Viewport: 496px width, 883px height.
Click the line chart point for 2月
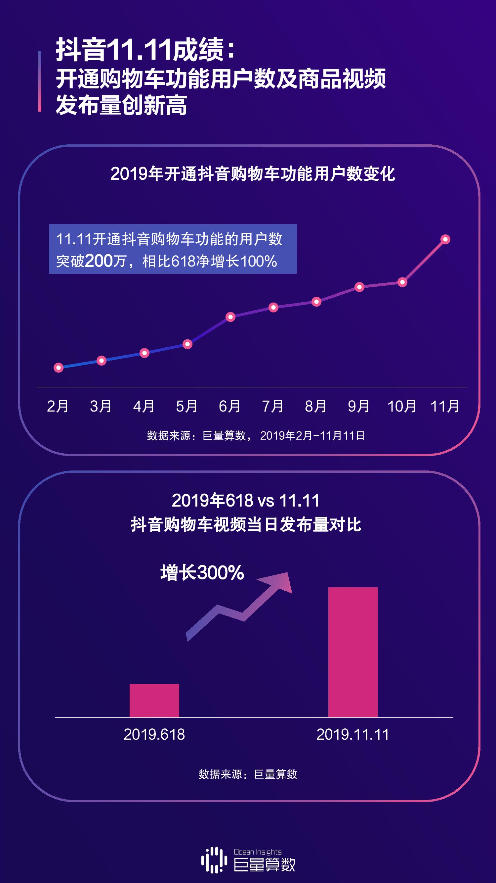[x=59, y=368]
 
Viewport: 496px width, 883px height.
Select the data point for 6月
[x=230, y=317]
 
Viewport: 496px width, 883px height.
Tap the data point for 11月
[x=445, y=239]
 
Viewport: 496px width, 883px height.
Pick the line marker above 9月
[x=359, y=287]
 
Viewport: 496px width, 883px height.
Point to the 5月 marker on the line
[x=187, y=344]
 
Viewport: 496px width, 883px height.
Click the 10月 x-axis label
[x=401, y=407]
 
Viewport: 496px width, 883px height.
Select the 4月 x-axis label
[x=144, y=407]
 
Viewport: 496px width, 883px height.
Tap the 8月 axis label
[x=315, y=407]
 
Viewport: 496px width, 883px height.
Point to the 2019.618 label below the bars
[x=154, y=735]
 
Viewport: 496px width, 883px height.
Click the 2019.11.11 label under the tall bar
[x=352, y=735]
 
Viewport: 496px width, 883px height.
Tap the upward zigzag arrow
[x=240, y=607]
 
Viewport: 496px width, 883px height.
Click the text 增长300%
[x=202, y=572]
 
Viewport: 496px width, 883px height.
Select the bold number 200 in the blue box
[x=99, y=261]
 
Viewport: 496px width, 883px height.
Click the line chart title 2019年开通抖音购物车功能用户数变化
[x=253, y=174]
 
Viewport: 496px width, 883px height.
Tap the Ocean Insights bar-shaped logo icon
[x=214, y=860]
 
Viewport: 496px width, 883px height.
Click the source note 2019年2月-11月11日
[x=312, y=436]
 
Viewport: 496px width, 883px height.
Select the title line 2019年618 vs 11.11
[x=245, y=501]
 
